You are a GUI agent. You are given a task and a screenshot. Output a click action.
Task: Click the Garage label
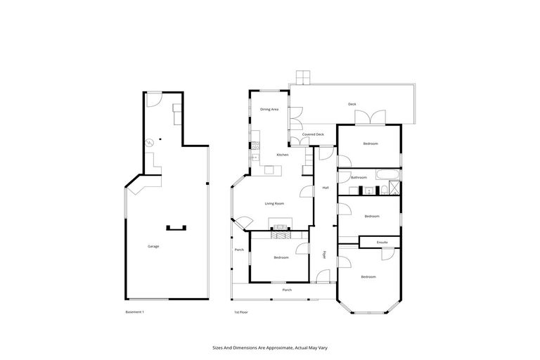click(x=153, y=246)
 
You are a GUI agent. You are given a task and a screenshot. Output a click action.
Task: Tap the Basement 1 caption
click(x=134, y=311)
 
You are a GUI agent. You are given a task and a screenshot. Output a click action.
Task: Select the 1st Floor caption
click(x=241, y=311)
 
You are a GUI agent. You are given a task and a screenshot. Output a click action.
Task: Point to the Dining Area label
click(x=270, y=109)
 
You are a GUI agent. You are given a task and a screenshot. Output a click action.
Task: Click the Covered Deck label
click(x=313, y=134)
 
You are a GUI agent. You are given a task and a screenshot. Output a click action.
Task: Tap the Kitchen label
click(x=283, y=155)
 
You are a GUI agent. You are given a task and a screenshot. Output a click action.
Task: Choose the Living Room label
click(x=274, y=203)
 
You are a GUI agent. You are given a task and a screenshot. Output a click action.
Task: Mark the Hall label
click(x=326, y=188)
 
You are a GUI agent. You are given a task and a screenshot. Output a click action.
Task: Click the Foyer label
click(x=325, y=255)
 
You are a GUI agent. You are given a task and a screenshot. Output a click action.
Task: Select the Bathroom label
click(x=359, y=177)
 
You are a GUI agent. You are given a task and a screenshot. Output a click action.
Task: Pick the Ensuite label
click(x=382, y=242)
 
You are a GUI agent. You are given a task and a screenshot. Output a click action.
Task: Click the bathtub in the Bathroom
click(x=387, y=174)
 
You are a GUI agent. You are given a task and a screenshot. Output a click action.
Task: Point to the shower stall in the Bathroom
click(x=395, y=188)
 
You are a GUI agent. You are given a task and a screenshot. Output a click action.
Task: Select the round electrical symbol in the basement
click(x=149, y=143)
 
